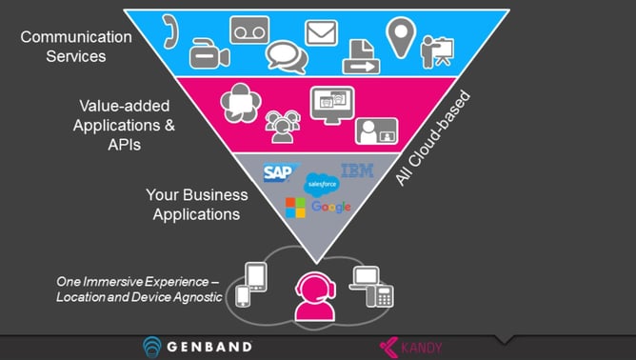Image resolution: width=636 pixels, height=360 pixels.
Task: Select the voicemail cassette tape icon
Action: tap(249, 30)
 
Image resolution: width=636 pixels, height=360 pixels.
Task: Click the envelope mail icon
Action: tap(321, 32)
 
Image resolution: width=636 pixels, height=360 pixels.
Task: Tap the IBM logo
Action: tap(357, 170)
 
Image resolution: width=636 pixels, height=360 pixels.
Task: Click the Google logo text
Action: tap(331, 207)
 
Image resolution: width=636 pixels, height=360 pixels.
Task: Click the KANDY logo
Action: tap(412, 348)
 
